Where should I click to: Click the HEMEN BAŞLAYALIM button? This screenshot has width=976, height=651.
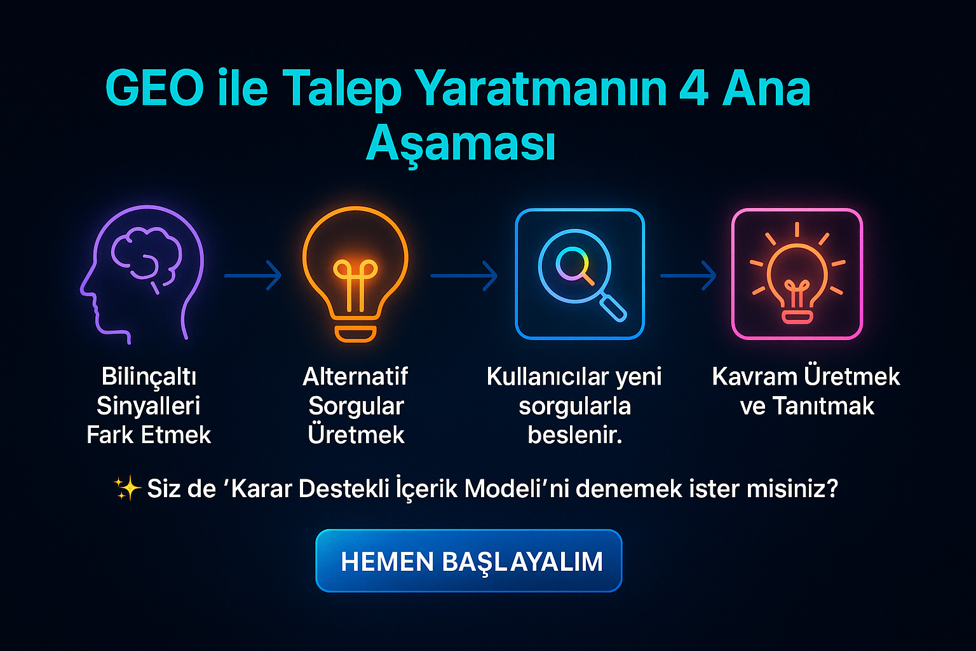(x=469, y=561)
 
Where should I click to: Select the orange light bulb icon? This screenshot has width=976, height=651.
(x=355, y=274)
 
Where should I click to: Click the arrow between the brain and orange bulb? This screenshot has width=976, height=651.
(x=253, y=275)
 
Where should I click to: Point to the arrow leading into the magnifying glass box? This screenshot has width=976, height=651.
(x=464, y=275)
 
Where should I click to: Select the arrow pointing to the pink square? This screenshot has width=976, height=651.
(x=688, y=275)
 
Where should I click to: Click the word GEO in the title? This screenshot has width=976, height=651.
(x=154, y=88)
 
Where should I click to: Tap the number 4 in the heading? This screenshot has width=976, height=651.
(x=693, y=88)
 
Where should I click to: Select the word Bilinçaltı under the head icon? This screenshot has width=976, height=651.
(x=149, y=376)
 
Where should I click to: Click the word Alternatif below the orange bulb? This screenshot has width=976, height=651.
(x=355, y=376)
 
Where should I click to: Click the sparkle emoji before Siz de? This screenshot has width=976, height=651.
(x=127, y=488)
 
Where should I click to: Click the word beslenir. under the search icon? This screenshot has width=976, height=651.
(x=575, y=435)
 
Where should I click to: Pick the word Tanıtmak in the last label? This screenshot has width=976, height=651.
(x=823, y=406)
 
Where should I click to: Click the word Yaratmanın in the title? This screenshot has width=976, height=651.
(x=540, y=88)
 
